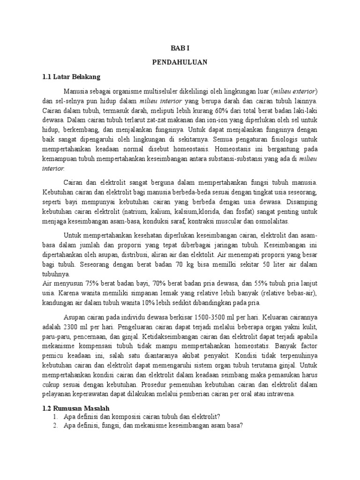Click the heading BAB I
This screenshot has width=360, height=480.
click(x=180, y=48)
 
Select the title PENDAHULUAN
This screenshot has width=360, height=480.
click(x=180, y=62)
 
